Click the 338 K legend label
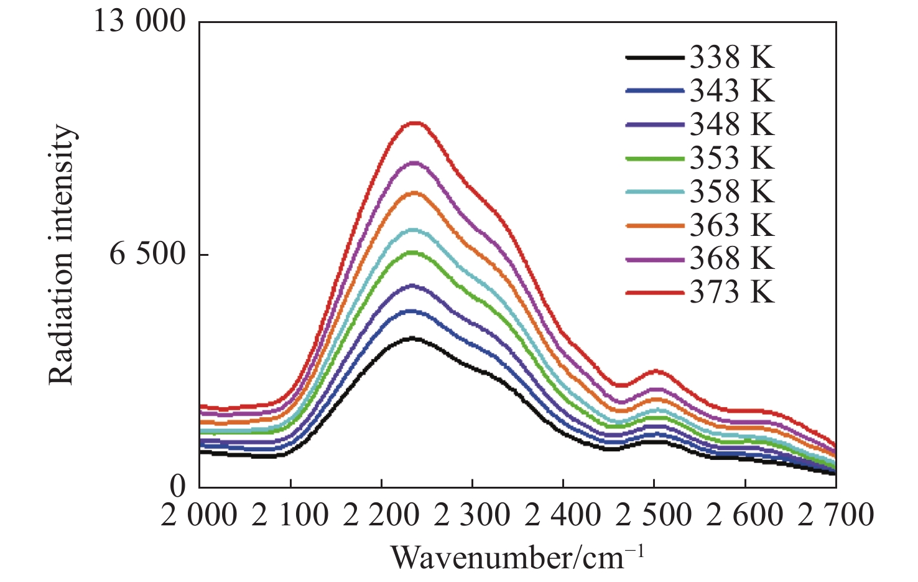click(x=732, y=58)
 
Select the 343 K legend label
click(x=732, y=92)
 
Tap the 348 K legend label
click(x=732, y=124)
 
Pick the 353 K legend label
click(x=732, y=158)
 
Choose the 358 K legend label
click(x=732, y=192)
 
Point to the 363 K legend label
click(x=732, y=225)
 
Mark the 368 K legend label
click(x=732, y=259)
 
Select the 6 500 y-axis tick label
click(x=148, y=255)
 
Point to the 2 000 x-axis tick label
click(x=199, y=516)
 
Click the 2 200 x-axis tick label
click(x=381, y=516)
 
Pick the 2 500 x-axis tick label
click(x=653, y=516)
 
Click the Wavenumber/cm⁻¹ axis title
click(x=517, y=557)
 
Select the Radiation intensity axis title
click(x=62, y=255)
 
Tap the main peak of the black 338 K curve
click(x=410, y=339)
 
